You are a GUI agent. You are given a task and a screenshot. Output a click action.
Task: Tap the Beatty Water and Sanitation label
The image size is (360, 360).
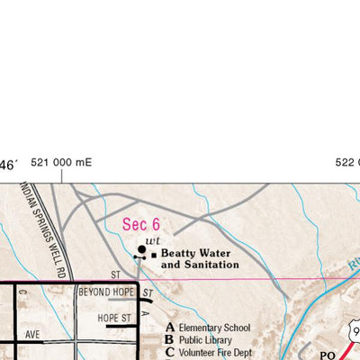(x=200, y=259)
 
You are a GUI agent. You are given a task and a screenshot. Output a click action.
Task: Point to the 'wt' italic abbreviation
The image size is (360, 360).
(x=154, y=241)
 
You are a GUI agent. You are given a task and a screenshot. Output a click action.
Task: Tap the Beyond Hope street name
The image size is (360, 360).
(x=106, y=292)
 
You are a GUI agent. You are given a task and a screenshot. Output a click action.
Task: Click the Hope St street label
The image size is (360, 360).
(x=115, y=318)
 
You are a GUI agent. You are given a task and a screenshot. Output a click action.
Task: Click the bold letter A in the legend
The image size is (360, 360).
(x=169, y=328)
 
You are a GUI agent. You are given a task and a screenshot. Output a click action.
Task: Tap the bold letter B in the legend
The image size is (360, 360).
(x=169, y=340)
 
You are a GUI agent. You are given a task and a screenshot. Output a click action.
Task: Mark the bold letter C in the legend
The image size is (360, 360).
(x=169, y=352)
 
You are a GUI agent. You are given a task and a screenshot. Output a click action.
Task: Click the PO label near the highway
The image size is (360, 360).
(x=328, y=355)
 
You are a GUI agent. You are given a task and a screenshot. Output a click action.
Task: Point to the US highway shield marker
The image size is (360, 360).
(x=352, y=331)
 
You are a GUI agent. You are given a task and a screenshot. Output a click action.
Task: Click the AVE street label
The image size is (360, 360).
(x=33, y=333)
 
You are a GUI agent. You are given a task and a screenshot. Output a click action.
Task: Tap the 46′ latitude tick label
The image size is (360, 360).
(x=8, y=165)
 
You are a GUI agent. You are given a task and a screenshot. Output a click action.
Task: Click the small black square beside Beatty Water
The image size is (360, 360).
(x=154, y=255)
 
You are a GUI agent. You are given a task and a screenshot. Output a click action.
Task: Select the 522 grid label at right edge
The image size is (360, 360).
(x=346, y=163)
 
